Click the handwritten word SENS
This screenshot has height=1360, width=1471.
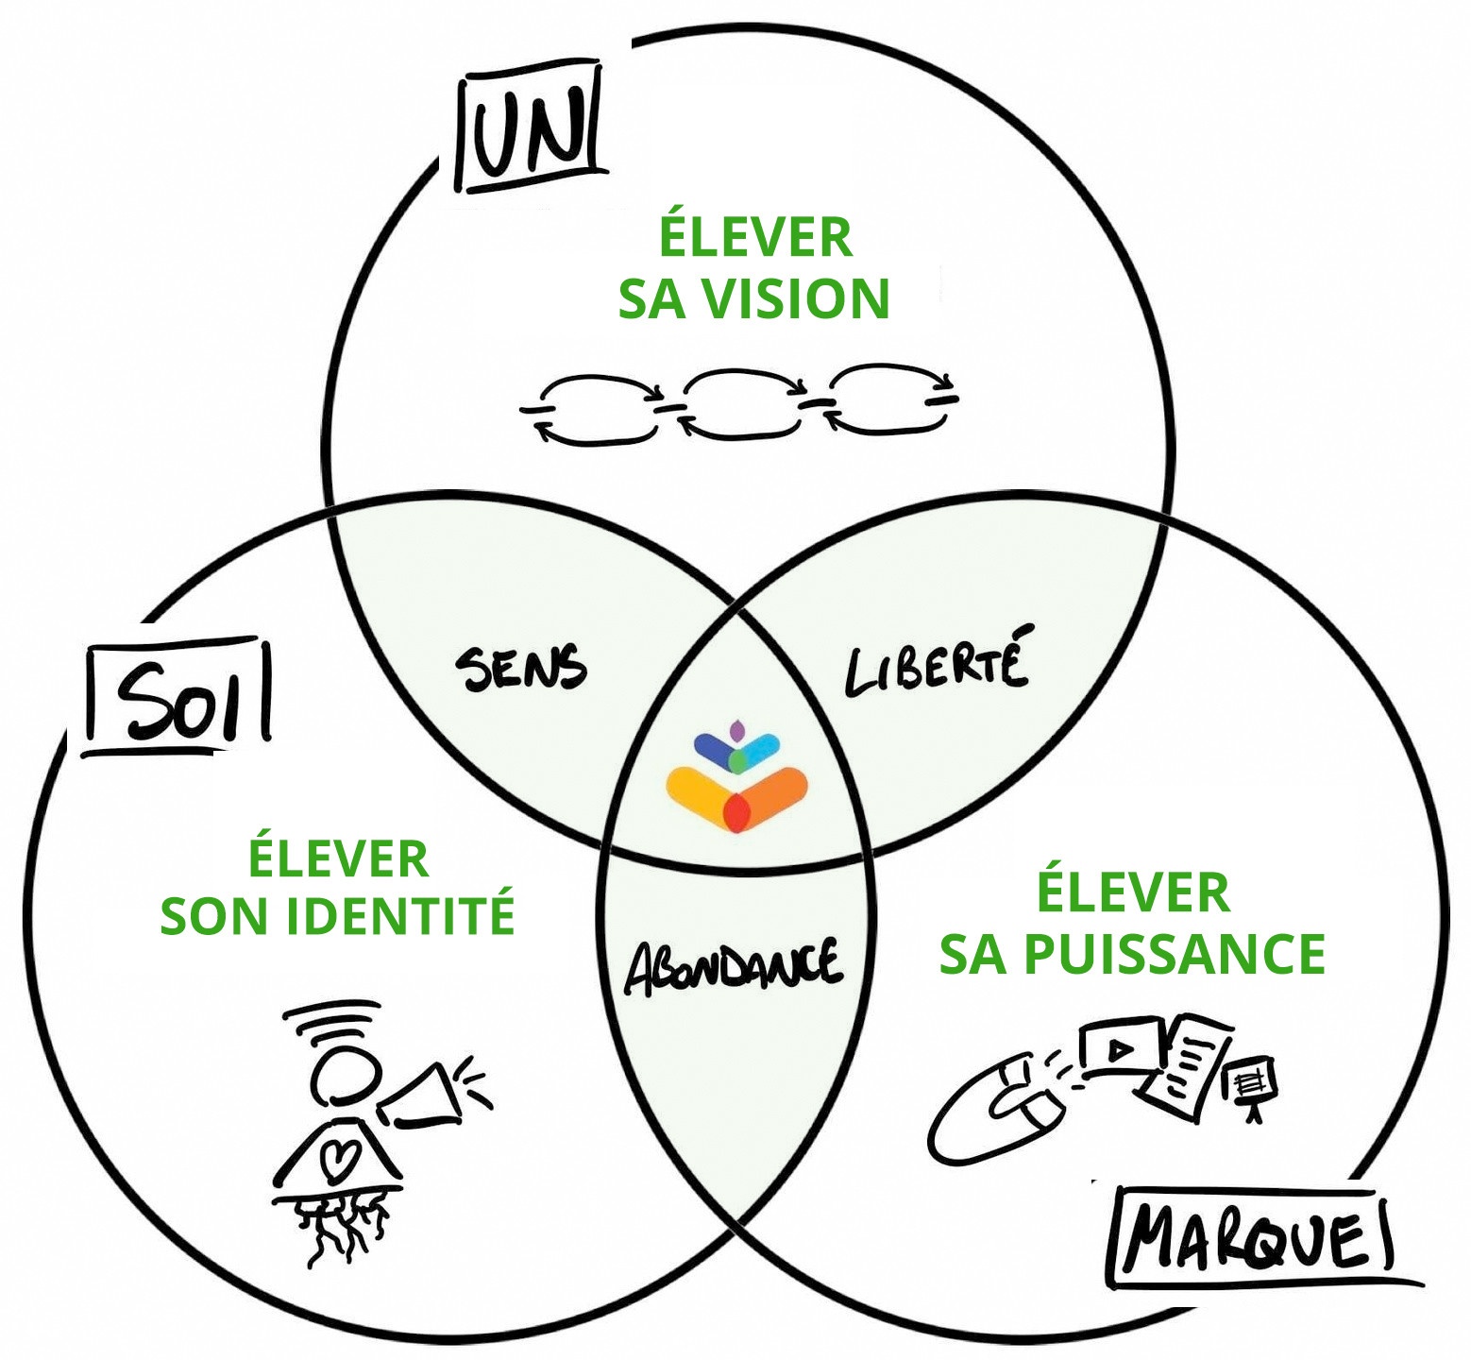(x=520, y=669)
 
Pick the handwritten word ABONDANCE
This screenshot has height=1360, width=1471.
(x=733, y=967)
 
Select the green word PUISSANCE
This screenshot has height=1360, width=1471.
(x=1175, y=954)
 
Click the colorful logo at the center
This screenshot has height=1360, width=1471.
(x=737, y=779)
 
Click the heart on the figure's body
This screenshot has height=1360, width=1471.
(x=337, y=1157)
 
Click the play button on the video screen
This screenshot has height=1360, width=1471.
(x=1119, y=1048)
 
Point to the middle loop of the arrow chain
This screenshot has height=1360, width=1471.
(x=740, y=403)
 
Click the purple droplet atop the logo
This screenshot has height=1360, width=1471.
(x=737, y=730)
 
